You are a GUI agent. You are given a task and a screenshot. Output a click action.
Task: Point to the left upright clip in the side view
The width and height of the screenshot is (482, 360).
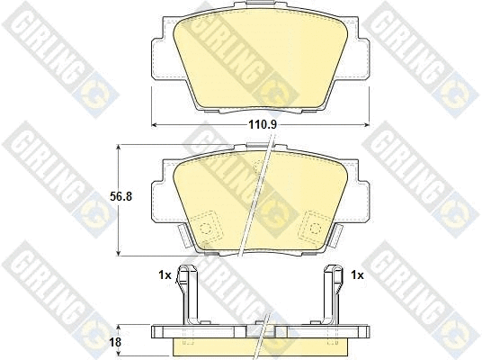[x=185, y=292]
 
